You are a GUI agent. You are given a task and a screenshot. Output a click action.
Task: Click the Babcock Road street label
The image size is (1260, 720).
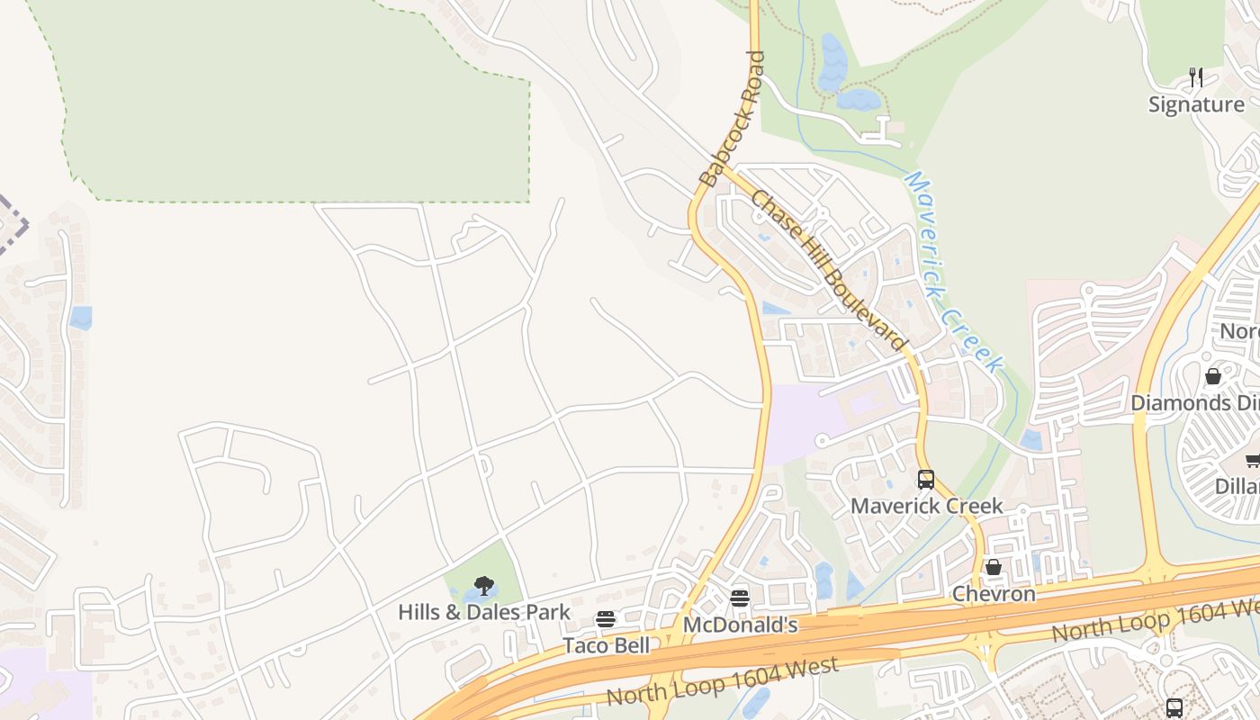[733, 119]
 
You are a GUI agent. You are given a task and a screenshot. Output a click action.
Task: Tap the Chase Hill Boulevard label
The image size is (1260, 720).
[827, 270]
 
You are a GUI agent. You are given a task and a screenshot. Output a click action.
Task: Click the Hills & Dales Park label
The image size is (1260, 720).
[484, 612]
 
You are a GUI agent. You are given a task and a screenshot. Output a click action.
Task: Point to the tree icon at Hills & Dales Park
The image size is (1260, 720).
[484, 586]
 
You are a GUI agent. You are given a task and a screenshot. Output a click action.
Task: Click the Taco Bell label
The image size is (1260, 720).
[606, 645]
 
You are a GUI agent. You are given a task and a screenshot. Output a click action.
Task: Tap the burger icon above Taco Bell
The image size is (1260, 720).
[606, 619]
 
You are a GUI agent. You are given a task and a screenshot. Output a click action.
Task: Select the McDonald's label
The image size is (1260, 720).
[740, 625]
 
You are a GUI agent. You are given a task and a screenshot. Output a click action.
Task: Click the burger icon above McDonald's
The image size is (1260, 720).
[740, 598]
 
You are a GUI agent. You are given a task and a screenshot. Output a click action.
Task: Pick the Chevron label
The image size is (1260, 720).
[994, 594]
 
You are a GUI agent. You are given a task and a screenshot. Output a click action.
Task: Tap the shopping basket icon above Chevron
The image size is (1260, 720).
[994, 568]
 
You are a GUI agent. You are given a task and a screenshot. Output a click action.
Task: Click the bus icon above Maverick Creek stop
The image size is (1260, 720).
[926, 480]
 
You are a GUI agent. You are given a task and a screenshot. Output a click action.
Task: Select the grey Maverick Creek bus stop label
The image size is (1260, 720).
[926, 506]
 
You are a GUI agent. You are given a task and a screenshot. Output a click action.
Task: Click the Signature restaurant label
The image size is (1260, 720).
[1196, 104]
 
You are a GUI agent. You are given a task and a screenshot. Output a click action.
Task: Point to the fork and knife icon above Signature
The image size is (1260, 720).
[1196, 77]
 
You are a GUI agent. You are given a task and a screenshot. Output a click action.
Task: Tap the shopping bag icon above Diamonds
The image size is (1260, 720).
[1213, 376]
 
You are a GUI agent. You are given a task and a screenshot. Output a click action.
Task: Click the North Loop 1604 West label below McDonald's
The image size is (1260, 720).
[723, 681]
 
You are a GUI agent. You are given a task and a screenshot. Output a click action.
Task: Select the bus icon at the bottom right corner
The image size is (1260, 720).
[1174, 707]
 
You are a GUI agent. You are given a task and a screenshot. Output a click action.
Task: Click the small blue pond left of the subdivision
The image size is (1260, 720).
[81, 318]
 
